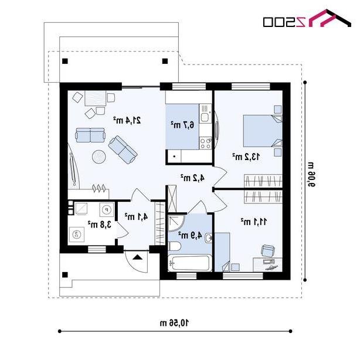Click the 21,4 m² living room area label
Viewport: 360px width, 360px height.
pyautogui.click(x=127, y=120)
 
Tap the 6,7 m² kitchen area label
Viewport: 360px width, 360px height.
pyautogui.click(x=182, y=125)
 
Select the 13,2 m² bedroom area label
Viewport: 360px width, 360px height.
pyautogui.click(x=246, y=157)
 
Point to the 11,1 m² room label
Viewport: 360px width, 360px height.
pyautogui.click(x=254, y=222)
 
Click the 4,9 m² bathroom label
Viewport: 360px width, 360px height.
pyautogui.click(x=191, y=235)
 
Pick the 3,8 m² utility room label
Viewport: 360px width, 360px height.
pyautogui.click(x=100, y=225)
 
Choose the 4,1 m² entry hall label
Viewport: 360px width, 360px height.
pyautogui.click(x=136, y=216)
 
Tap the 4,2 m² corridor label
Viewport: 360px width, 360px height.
pyautogui.click(x=192, y=178)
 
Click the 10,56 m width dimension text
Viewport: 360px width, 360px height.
pyautogui.click(x=175, y=323)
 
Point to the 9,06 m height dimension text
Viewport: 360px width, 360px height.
pyautogui.click(x=310, y=174)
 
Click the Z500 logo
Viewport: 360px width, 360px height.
pyautogui.click(x=307, y=19)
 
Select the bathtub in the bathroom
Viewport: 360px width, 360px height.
pyautogui.click(x=189, y=263)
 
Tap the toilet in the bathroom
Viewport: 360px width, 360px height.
pyautogui.click(x=175, y=246)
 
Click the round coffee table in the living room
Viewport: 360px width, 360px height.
pyautogui.click(x=99, y=157)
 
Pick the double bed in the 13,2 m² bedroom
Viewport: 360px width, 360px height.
pyautogui.click(x=263, y=131)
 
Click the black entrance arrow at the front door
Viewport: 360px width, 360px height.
pyautogui.click(x=138, y=257)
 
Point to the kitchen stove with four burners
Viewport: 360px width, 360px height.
pyautogui.click(x=205, y=143)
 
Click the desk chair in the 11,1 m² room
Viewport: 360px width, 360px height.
pyautogui.click(x=268, y=250)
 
